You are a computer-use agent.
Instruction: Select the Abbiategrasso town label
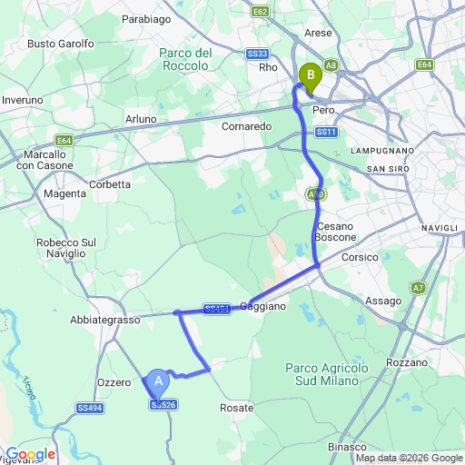point(104,321)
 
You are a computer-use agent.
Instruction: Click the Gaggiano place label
point(264,307)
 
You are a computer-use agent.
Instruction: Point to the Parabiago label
point(147,17)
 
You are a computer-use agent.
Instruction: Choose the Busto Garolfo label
point(61,43)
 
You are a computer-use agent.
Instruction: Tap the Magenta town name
point(63,193)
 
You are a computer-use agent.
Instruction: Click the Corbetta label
point(110,183)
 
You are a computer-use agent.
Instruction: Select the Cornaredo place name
point(247,126)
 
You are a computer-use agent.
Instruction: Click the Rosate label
point(237,409)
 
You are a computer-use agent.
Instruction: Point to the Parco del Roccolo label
point(185,60)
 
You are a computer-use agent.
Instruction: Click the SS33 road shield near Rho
point(255,54)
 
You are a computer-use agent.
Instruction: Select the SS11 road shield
point(327,133)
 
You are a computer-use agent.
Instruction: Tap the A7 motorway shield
point(418,288)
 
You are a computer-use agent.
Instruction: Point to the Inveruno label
point(23,100)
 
